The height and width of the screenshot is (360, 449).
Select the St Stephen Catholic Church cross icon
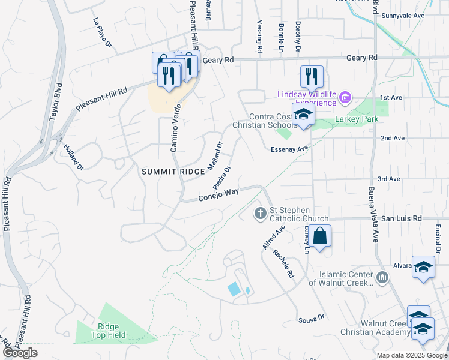[260, 213]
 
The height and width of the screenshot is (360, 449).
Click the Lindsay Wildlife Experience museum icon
[345, 97]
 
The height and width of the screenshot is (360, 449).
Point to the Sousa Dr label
[312, 320]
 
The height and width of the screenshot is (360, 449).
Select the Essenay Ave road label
[289, 149]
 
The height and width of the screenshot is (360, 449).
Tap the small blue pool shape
[234, 289]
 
